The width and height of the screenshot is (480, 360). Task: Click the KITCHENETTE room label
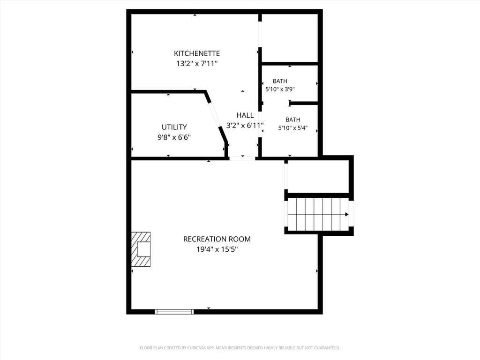click(x=197, y=53)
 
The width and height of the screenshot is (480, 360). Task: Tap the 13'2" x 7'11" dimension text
click(x=197, y=64)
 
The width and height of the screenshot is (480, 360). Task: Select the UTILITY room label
click(x=174, y=127)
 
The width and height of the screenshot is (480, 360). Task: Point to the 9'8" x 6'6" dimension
click(x=174, y=137)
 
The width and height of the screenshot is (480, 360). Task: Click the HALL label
click(x=245, y=115)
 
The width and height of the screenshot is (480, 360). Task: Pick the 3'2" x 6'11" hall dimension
click(x=245, y=126)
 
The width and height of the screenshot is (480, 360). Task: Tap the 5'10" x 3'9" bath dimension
click(x=280, y=90)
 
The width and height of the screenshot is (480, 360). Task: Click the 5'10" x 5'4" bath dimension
click(x=293, y=128)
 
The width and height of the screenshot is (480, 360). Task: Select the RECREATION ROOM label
click(x=217, y=239)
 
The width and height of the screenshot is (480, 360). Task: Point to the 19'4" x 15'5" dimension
click(x=217, y=249)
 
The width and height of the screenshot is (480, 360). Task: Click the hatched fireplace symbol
click(x=141, y=249)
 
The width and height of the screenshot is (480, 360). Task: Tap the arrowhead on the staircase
click(x=347, y=214)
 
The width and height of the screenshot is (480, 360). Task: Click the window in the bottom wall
click(x=174, y=312)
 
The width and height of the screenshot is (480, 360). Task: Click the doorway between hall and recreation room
click(x=242, y=158)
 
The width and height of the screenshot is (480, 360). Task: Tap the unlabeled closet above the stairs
click(x=318, y=177)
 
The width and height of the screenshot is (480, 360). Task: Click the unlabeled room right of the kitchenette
click(x=290, y=38)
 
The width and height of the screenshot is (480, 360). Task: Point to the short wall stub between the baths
click(x=303, y=103)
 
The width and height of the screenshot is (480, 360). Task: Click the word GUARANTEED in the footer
click(x=328, y=348)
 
